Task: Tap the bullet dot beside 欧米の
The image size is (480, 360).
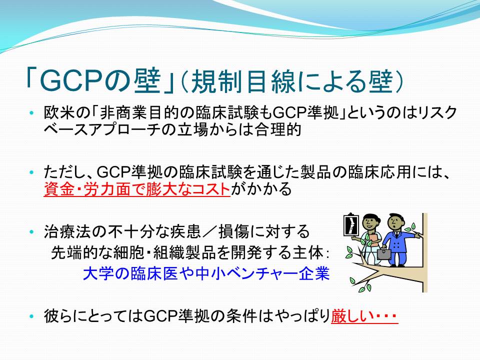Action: tap(31, 113)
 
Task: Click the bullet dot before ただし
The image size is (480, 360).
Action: tap(31, 172)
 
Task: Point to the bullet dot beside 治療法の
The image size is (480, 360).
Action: tap(31, 231)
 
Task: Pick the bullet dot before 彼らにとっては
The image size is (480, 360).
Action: tap(31, 316)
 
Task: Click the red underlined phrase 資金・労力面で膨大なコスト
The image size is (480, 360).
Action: tap(137, 189)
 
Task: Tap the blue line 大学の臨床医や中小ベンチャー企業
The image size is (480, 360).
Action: tap(206, 273)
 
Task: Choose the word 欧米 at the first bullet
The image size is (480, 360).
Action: tap(59, 113)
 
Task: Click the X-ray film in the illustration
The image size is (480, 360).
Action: tap(351, 224)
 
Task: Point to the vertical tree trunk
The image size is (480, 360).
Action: tap(424, 252)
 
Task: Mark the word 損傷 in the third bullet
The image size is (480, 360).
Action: tap(234, 231)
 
